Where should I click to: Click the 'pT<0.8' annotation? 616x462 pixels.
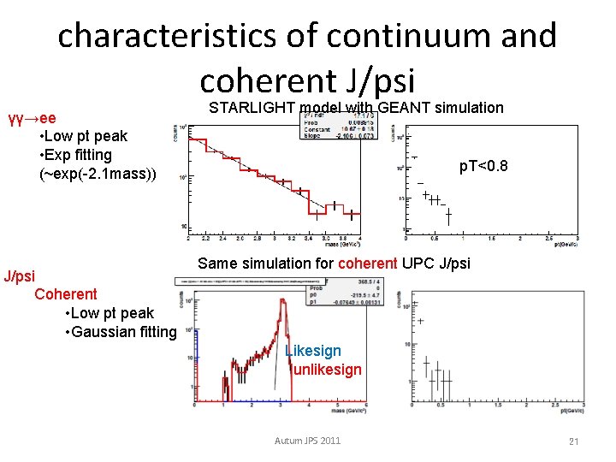pyautogui.click(x=483, y=165)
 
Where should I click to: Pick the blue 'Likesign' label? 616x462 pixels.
pyautogui.click(x=312, y=351)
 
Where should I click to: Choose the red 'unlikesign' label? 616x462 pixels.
pyautogui.click(x=327, y=370)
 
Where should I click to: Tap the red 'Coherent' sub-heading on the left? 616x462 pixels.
pyautogui.click(x=66, y=294)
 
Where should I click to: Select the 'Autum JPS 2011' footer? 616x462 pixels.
pyautogui.click(x=307, y=441)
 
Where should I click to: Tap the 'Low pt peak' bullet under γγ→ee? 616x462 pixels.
pyautogui.click(x=83, y=136)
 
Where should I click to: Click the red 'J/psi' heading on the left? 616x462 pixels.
pyautogui.click(x=20, y=275)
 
